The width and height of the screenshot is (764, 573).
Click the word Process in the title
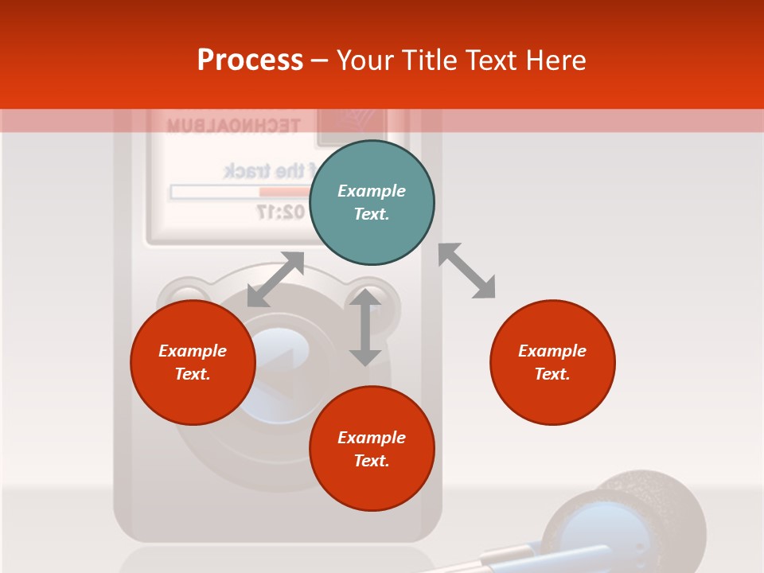250,60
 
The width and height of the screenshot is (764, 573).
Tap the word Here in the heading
553,60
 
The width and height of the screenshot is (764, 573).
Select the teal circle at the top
372,203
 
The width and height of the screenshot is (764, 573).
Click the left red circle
193,362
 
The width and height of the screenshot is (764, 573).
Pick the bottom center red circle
372,449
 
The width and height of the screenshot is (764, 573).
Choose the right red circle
552,362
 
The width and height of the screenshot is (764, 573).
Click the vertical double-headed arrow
365,327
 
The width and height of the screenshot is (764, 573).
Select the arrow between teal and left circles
275,279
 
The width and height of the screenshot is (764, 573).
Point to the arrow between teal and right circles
467,271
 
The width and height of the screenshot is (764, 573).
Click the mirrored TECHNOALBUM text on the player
233,126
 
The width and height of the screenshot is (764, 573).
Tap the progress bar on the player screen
239,192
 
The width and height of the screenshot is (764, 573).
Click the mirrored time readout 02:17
279,212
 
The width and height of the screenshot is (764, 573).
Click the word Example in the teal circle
372,191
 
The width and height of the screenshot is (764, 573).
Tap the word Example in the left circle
193,351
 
